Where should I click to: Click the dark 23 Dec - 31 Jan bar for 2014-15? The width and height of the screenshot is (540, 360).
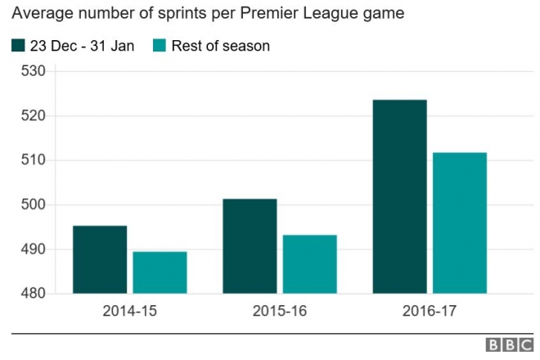(x=100, y=259)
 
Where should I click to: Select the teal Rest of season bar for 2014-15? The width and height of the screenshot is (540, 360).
(x=160, y=272)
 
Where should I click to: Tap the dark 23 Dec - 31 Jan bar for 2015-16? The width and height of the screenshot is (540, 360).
(x=250, y=246)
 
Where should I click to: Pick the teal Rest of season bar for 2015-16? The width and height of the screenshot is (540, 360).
(x=309, y=264)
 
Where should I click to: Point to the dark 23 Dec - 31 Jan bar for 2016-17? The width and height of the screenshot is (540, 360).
(x=399, y=196)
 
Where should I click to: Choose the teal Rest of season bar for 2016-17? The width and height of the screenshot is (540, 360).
(x=460, y=223)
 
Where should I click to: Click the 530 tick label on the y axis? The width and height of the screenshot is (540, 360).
(x=38, y=71)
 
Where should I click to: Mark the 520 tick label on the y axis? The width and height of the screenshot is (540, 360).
(x=38, y=115)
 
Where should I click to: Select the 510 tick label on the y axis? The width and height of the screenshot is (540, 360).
(x=38, y=160)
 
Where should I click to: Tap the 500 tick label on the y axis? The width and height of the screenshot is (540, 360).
(x=38, y=205)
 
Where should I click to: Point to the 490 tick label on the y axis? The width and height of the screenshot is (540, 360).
(x=38, y=249)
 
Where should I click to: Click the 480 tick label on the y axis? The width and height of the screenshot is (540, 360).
(x=38, y=293)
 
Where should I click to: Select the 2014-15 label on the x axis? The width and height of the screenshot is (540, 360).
(x=129, y=312)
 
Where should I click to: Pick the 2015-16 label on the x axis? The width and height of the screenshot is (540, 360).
(x=279, y=312)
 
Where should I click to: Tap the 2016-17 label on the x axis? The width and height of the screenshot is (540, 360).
(x=430, y=312)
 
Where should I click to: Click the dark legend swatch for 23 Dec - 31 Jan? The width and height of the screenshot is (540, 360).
(x=19, y=46)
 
